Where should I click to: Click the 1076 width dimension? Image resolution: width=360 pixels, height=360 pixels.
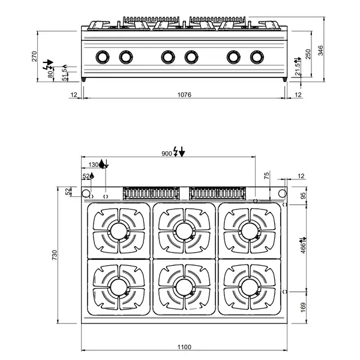[184, 95]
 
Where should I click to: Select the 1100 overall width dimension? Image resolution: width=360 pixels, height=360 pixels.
[184, 346]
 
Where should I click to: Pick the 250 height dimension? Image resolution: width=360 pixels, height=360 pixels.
[308, 53]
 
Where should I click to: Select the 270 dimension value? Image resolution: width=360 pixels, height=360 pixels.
[35, 56]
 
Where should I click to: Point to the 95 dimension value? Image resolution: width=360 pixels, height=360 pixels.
[303, 196]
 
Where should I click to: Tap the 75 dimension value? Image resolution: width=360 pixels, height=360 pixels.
[267, 175]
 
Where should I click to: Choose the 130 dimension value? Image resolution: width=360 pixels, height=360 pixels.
[94, 164]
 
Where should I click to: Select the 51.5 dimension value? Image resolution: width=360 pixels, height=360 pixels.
[65, 73]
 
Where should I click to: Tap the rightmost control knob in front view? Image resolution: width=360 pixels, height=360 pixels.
[257, 57]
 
